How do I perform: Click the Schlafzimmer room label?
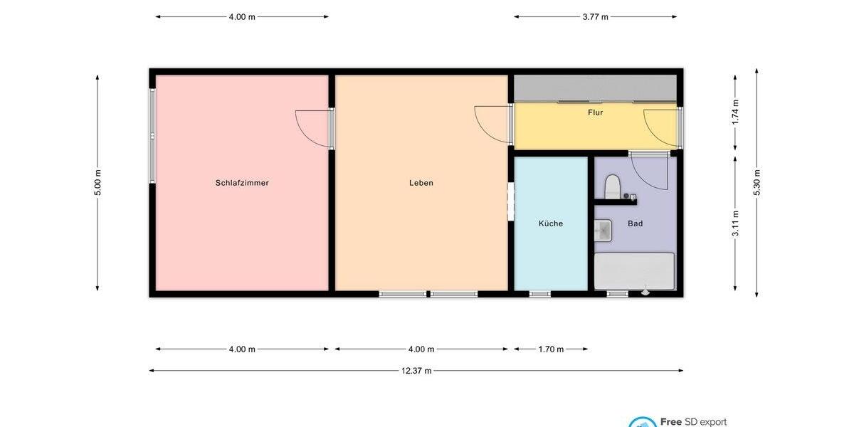[x=242, y=183]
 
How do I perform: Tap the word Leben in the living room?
[x=421, y=183]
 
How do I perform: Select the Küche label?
[x=550, y=223]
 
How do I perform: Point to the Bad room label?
[x=635, y=223]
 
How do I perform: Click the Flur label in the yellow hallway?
[x=595, y=112]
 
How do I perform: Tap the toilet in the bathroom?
[x=612, y=189]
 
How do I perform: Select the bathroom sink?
[x=603, y=229]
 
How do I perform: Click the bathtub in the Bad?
[x=634, y=271]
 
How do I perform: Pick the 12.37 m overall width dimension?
[x=416, y=371]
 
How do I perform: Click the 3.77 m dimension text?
[x=595, y=17]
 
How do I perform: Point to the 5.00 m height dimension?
[x=98, y=183]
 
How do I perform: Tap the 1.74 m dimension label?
[x=735, y=112]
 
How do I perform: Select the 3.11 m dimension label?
[x=735, y=223]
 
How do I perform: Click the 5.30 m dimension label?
[x=757, y=183]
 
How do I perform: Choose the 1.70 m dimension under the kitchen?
[x=550, y=349]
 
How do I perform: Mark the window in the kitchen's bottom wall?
[x=540, y=294]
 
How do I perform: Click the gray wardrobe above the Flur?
[x=595, y=88]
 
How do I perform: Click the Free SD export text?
[x=693, y=421]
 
